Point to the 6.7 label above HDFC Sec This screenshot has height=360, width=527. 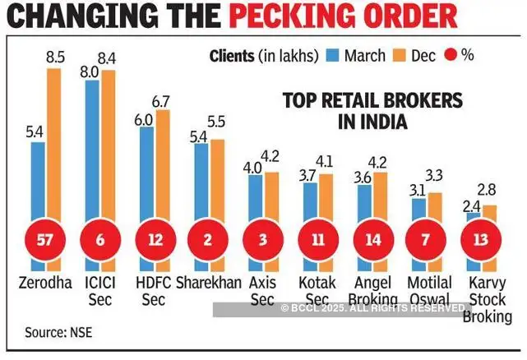click(x=163, y=101)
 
